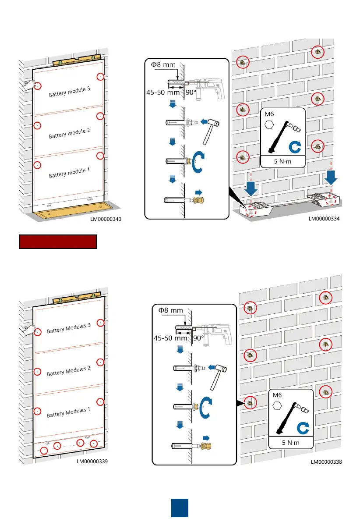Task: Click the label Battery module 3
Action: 69,92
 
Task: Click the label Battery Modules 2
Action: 68,371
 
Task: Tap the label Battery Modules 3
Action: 68,328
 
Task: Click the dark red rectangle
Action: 57,242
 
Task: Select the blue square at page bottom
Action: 180,508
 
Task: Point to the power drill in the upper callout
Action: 208,87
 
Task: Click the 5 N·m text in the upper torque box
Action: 282,161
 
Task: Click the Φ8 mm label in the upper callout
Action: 163,65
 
